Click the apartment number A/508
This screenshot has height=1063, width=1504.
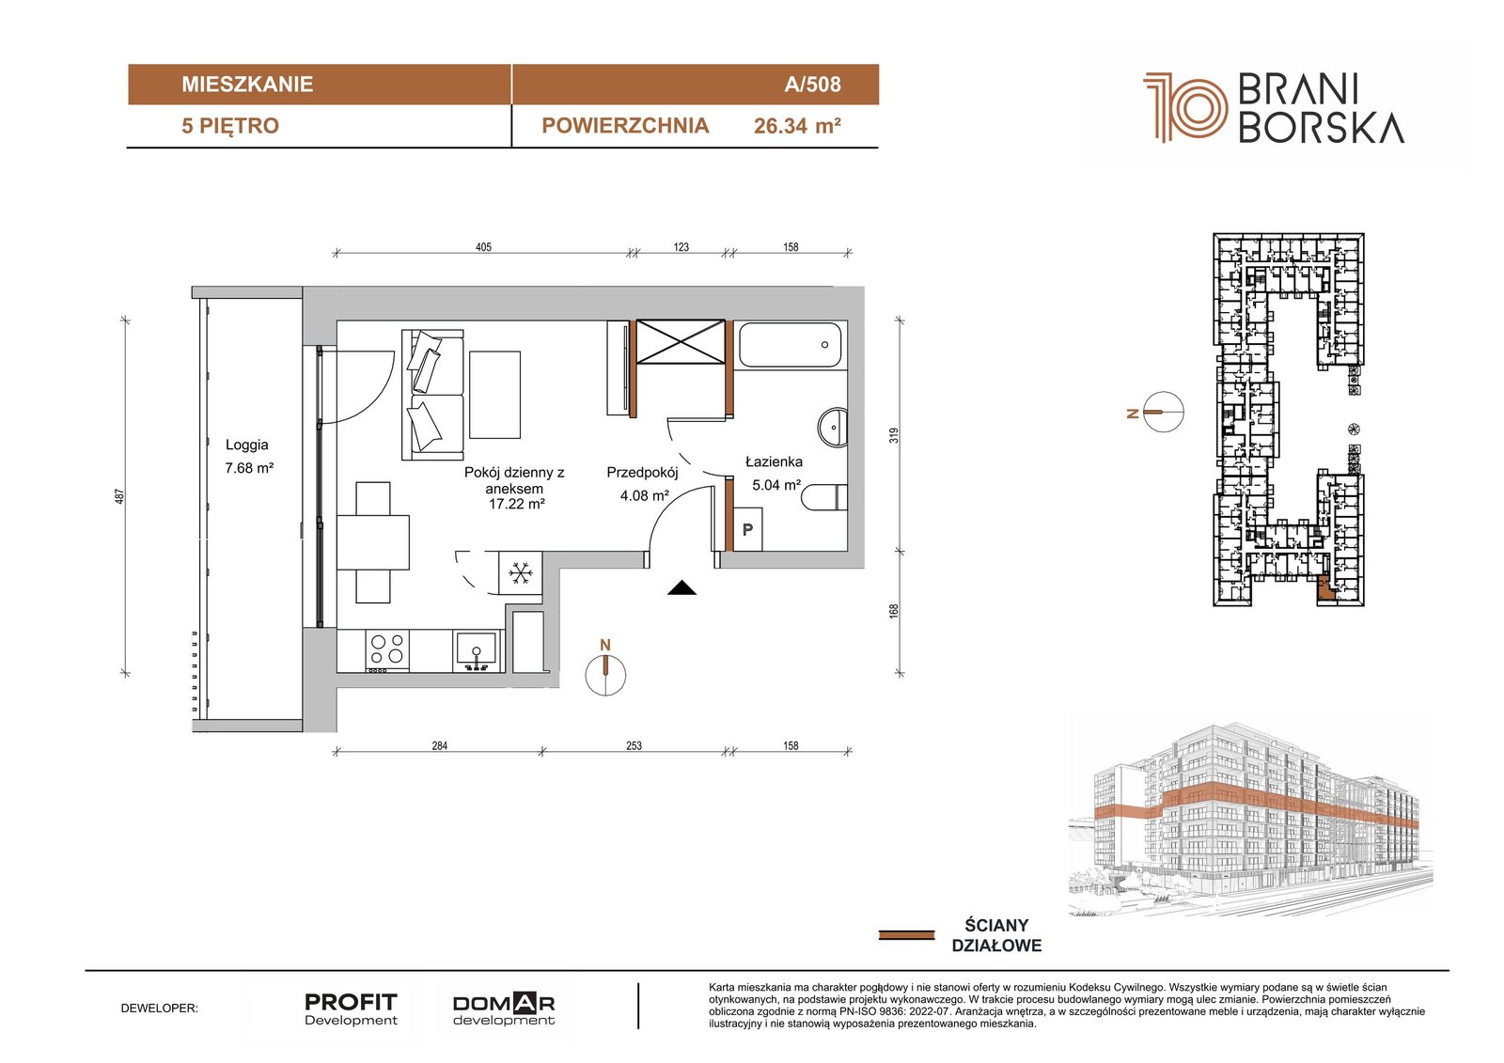[812, 84]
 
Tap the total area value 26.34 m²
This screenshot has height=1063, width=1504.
[797, 126]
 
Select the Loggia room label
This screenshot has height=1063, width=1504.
[247, 445]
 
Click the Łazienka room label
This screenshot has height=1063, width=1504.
[775, 462]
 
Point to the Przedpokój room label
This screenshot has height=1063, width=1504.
[643, 473]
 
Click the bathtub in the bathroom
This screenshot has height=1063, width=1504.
[791, 345]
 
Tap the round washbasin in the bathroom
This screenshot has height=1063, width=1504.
[833, 427]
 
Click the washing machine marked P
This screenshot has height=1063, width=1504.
[747, 530]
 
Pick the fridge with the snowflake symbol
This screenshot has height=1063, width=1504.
[520, 572]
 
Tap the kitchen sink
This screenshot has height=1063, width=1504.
[476, 650]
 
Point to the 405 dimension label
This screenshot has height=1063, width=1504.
[483, 247]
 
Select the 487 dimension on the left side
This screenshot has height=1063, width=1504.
[119, 496]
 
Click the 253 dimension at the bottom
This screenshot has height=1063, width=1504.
[634, 745]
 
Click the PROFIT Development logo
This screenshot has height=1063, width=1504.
[352, 1009]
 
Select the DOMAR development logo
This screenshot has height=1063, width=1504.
[504, 1009]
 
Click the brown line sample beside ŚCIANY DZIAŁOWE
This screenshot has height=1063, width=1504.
[906, 935]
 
